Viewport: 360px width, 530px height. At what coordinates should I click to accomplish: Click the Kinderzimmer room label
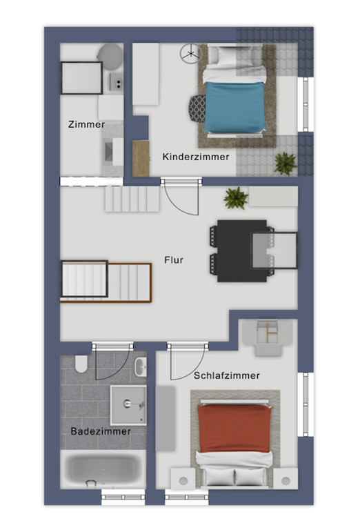196,157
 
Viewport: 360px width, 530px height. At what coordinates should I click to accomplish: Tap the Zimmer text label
86,125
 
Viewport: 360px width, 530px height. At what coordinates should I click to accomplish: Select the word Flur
173,260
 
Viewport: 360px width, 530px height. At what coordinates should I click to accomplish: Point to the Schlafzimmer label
226,376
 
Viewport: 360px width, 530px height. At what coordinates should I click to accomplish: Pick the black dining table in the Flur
238,251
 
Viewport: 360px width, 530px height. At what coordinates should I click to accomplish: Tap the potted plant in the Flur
236,199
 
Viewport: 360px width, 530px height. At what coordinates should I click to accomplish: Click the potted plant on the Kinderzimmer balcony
285,164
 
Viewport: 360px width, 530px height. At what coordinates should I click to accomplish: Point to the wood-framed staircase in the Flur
105,282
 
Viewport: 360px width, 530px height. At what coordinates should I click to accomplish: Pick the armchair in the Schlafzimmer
268,337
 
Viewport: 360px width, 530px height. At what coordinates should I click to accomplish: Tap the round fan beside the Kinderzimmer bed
190,54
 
